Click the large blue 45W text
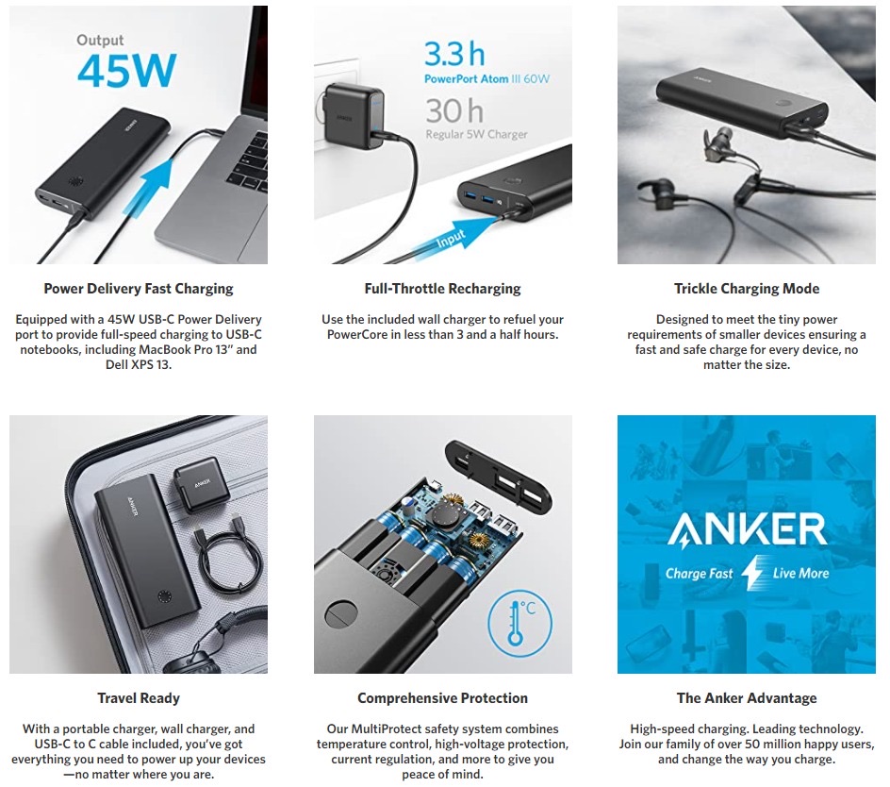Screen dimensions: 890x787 [126, 71]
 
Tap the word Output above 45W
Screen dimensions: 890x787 [100, 41]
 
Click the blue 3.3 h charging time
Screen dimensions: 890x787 [454, 54]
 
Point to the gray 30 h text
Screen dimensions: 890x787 [454, 110]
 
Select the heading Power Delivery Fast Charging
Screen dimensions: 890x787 [139, 289]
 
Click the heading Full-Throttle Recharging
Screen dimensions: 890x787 [443, 289]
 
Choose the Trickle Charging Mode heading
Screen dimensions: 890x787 [747, 289]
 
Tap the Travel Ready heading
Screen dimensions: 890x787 [139, 697]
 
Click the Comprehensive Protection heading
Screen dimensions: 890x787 [443, 697]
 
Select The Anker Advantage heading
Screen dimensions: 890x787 [747, 697]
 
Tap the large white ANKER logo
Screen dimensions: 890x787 [747, 529]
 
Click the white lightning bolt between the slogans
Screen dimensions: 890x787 [752, 573]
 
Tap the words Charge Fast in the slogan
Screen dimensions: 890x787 [700, 574]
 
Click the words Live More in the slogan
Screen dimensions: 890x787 [800, 574]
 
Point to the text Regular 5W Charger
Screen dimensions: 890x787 [477, 135]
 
